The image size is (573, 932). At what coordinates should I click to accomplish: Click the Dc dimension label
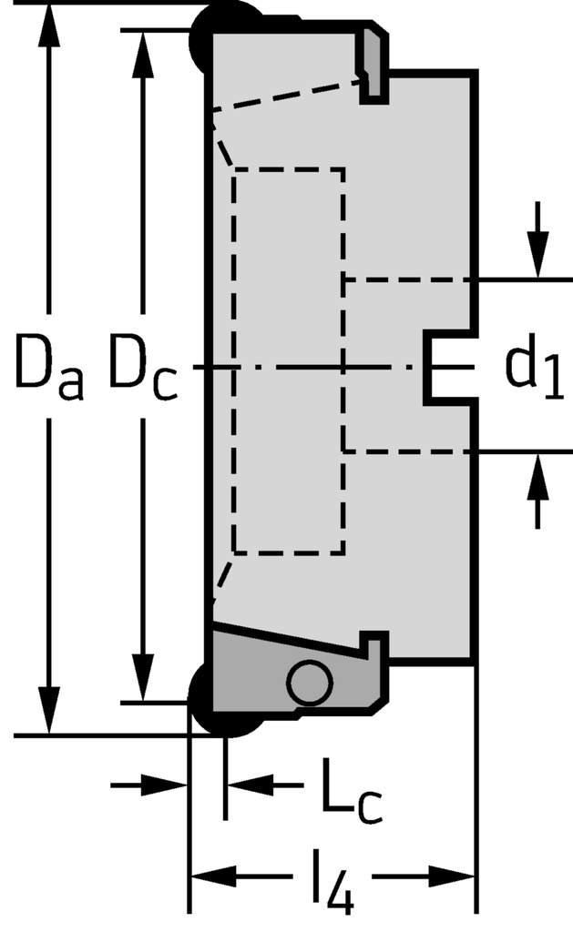pyautogui.click(x=143, y=368)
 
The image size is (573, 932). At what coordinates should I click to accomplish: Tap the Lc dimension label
pyautogui.click(x=349, y=796)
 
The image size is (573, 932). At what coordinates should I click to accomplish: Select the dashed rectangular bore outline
pyautogui.click(x=289, y=360)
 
